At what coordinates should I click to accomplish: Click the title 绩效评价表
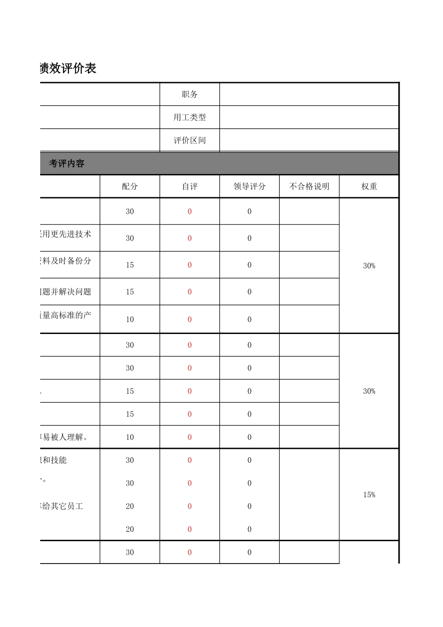click(68, 69)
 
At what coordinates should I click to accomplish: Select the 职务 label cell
click(189, 94)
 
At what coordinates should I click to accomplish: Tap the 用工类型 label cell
click(189, 118)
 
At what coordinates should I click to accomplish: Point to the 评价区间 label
click(189, 140)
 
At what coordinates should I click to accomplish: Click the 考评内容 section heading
click(67, 164)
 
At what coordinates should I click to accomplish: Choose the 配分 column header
click(130, 187)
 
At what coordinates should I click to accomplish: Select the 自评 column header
click(189, 187)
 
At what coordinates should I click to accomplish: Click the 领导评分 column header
click(249, 187)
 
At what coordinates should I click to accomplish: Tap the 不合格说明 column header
click(309, 187)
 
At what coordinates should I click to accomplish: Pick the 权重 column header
click(369, 187)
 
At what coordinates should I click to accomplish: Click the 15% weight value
click(369, 495)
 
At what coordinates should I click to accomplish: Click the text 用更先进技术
click(66, 234)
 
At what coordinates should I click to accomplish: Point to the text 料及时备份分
click(66, 261)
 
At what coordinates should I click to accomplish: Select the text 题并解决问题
click(66, 292)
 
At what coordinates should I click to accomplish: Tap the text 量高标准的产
click(66, 315)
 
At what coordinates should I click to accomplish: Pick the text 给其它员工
click(62, 506)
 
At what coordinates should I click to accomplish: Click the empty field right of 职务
click(309, 94)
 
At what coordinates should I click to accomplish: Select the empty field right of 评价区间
click(309, 140)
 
